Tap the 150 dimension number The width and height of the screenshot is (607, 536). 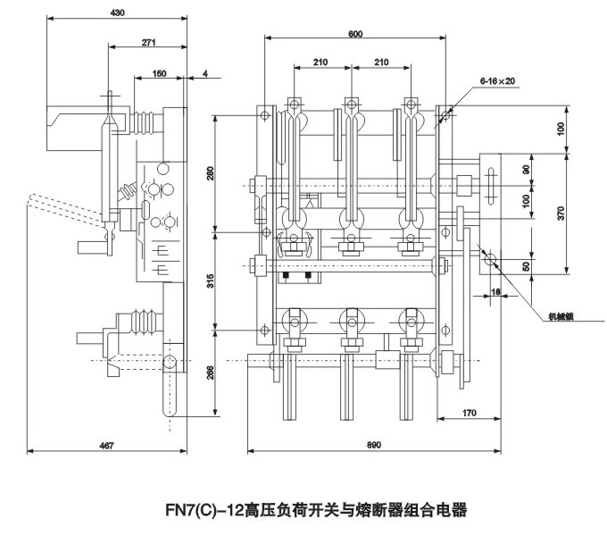[x=158, y=74]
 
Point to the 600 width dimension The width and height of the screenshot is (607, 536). [x=356, y=34]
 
